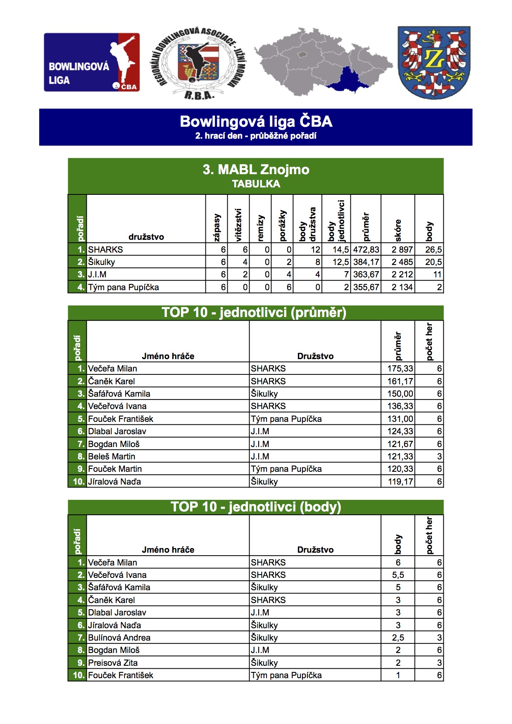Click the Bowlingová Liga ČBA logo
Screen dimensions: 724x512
point(92,62)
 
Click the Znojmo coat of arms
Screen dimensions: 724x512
point(433,62)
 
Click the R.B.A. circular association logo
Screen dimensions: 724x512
point(197,63)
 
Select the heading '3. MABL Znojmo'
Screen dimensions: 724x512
point(256,170)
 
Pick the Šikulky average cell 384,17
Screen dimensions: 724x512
point(366,262)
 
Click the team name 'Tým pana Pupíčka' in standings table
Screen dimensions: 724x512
point(124,287)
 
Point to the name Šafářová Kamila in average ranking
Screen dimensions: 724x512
point(119,394)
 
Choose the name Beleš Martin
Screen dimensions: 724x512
point(112,457)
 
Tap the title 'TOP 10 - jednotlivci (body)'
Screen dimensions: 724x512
point(256,507)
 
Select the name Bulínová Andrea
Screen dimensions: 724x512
point(119,638)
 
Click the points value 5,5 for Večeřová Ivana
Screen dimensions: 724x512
point(398,575)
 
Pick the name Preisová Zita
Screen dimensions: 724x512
point(113,663)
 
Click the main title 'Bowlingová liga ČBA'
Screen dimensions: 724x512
point(256,122)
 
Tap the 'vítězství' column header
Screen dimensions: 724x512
point(238,225)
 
